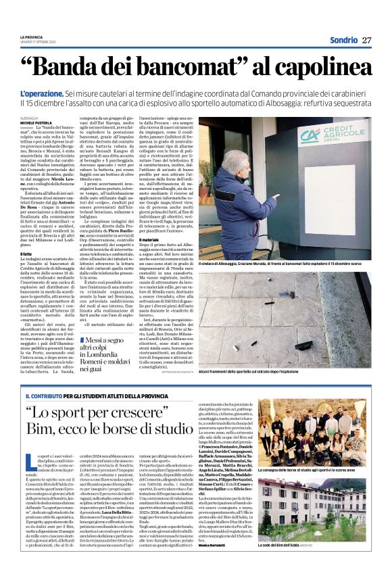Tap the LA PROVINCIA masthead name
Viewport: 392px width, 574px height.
30,37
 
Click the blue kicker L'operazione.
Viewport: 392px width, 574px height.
42,92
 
